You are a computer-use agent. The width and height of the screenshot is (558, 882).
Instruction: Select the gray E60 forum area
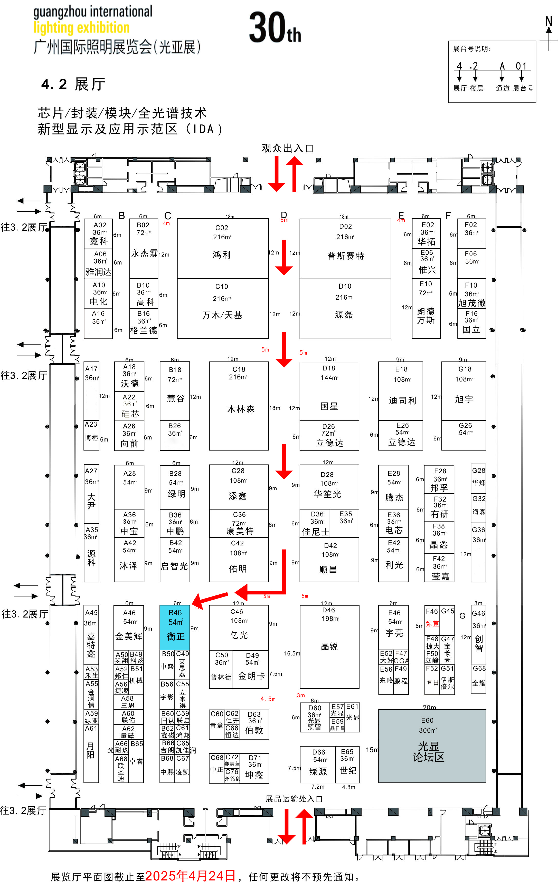tap(432, 746)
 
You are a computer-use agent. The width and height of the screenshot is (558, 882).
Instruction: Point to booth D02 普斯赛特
tap(345, 249)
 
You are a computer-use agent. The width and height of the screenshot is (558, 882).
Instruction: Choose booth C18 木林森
tap(239, 406)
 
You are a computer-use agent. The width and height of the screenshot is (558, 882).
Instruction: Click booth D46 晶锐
tap(329, 646)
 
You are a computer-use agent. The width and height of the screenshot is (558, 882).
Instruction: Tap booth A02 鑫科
tap(98, 234)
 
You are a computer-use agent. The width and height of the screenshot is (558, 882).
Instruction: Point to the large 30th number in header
tap(275, 28)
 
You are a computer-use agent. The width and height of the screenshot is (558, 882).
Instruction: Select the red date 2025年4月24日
tap(190, 875)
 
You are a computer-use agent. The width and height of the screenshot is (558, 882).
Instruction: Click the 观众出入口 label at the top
tap(287, 148)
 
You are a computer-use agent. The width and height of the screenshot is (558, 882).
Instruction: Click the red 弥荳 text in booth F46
tap(432, 623)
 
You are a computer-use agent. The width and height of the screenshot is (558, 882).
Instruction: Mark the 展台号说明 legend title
tap(471, 49)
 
